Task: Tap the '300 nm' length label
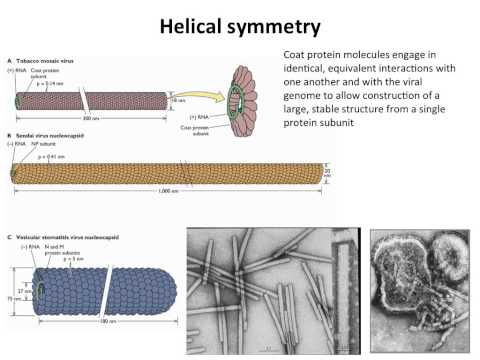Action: pyautogui.click(x=98, y=119)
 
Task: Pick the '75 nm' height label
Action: pyautogui.click(x=19, y=298)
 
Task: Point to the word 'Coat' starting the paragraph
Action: pyautogui.click(x=284, y=57)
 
